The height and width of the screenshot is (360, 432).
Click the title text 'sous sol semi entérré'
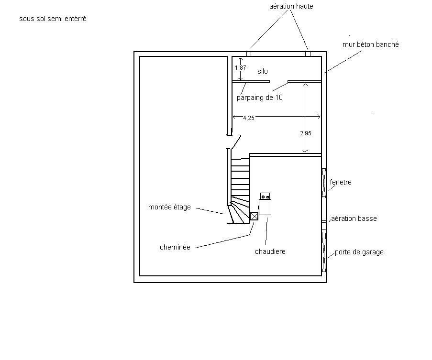tap(53, 19)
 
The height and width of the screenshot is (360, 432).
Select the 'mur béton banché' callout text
tap(370, 44)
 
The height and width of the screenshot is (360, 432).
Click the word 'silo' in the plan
tap(263, 71)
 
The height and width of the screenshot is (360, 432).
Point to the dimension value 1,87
tap(240, 68)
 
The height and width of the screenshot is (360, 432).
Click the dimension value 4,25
tap(249, 118)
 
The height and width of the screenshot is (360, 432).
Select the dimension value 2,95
tap(306, 133)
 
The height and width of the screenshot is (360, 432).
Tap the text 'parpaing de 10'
tap(260, 98)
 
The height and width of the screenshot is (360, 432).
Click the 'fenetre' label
tap(341, 182)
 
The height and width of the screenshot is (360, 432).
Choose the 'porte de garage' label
tap(359, 252)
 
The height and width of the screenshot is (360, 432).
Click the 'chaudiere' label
tap(270, 251)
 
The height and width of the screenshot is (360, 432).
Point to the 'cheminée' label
tap(175, 247)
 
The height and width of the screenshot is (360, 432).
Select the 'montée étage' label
tap(169, 207)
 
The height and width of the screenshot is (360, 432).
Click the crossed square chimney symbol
tap(254, 216)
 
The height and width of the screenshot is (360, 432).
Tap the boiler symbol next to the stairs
tap(265, 207)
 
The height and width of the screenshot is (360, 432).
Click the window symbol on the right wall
tap(324, 183)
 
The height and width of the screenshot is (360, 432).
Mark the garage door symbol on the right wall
tap(324, 251)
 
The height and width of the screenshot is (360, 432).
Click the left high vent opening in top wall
tap(249, 54)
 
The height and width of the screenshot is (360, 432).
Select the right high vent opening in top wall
tap(308, 54)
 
